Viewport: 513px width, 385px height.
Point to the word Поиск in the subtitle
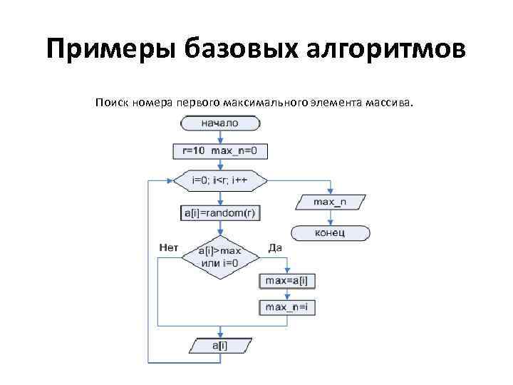[110, 103]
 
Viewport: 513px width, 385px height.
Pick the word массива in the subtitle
[388, 103]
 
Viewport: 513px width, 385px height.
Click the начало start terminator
[219, 123]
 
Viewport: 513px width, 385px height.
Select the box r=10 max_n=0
[219, 151]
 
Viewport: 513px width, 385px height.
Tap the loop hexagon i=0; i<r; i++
[219, 180]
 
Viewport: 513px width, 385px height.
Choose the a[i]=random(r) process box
[219, 212]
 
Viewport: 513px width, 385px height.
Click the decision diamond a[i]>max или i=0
[219, 257]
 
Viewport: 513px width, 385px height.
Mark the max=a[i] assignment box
[286, 281]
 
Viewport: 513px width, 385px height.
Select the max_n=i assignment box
[286, 308]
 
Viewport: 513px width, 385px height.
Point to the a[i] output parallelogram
[219, 346]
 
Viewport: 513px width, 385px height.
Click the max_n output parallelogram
[330, 202]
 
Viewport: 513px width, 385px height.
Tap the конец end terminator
[330, 232]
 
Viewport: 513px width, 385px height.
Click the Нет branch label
[169, 248]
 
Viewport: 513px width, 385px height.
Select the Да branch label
[276, 248]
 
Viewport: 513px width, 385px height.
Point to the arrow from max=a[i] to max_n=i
[286, 294]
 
